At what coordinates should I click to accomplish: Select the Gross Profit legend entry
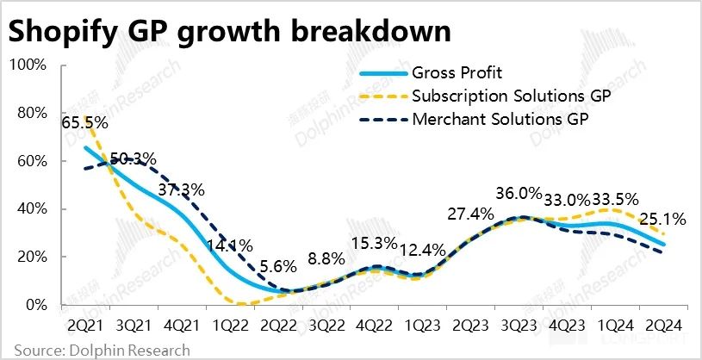pyautogui.click(x=457, y=72)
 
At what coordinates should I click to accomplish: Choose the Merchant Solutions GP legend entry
pyautogui.click(x=499, y=118)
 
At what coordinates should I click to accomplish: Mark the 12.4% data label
pyautogui.click(x=423, y=251)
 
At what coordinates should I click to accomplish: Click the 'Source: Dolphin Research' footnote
pyautogui.click(x=96, y=350)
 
